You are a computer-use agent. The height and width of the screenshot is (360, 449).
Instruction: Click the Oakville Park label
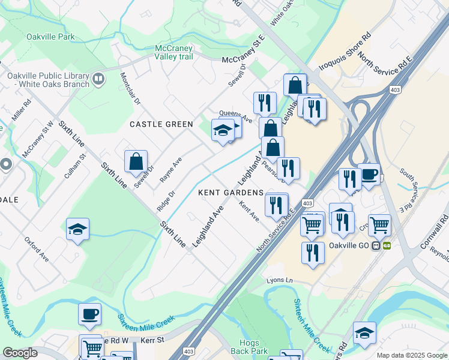pos(50,37)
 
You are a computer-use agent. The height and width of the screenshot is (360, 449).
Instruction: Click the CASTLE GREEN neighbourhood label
pos(162,124)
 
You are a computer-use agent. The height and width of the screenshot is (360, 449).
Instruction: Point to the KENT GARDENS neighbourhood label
pos(231,193)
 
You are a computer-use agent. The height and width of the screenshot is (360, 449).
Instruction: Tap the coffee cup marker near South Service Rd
pos(369,175)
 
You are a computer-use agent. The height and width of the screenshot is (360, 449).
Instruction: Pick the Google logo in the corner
pos(20,353)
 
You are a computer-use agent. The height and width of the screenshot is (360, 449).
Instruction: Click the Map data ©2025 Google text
pos(412,355)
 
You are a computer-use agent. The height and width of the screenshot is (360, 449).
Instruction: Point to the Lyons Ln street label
pos(280,280)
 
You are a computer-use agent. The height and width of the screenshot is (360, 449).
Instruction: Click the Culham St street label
pos(76,167)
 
